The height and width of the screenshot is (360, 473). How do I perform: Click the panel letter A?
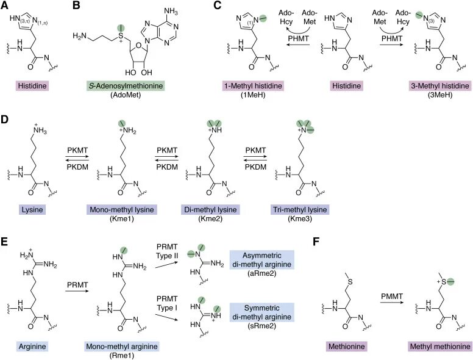click(x=5, y=6)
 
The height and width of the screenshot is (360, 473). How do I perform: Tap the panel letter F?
click(x=318, y=243)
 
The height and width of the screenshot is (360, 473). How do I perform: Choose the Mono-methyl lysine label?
click(x=124, y=209)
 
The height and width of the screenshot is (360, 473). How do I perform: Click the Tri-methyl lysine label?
click(x=299, y=209)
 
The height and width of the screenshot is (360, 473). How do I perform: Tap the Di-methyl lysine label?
click(x=211, y=209)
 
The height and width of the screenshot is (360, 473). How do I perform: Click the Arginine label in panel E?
click(x=31, y=347)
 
